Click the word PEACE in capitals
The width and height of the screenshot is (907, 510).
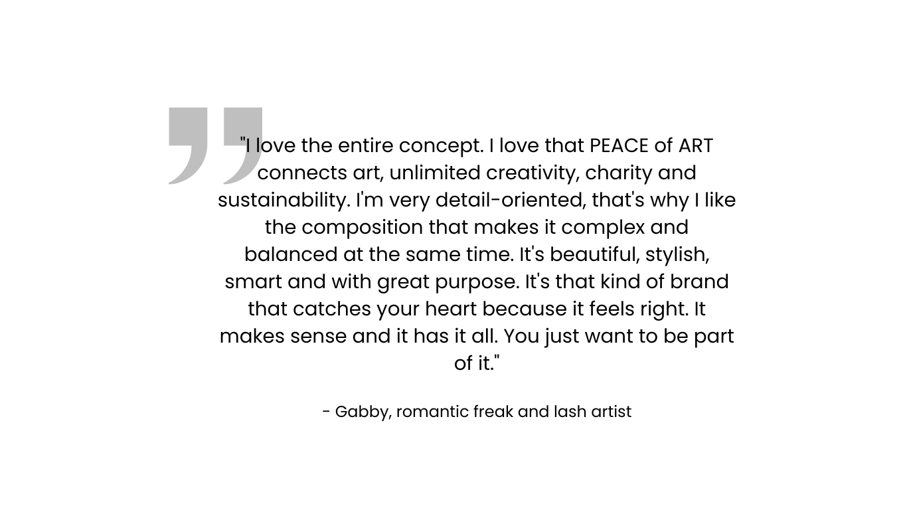point(619,145)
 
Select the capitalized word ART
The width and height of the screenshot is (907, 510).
point(696,145)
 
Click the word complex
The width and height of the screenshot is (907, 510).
point(603,228)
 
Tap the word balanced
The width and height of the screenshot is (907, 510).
point(291,254)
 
